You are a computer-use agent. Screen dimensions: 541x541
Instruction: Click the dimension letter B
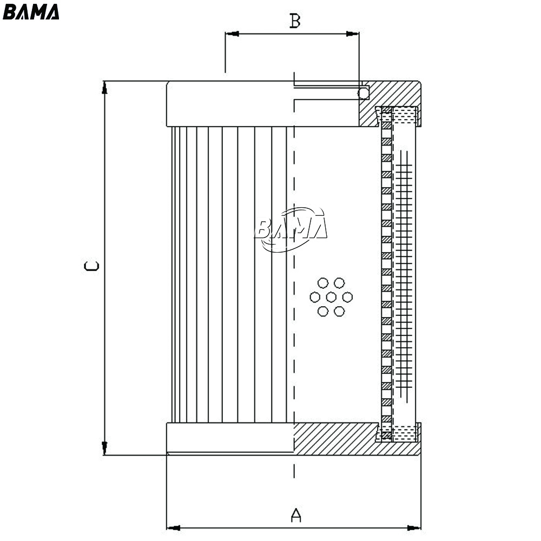click(295, 21)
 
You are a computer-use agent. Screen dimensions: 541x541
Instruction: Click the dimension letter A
click(296, 515)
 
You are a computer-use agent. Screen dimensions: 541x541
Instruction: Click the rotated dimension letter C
click(92, 266)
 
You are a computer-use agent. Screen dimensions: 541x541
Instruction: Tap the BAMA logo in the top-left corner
click(31, 12)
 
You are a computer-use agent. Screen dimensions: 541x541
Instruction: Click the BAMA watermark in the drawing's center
click(291, 229)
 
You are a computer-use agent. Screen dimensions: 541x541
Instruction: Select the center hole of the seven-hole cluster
click(331, 297)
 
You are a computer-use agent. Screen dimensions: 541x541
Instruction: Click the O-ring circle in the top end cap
click(364, 93)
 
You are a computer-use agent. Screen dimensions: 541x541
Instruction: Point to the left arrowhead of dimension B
click(232, 34)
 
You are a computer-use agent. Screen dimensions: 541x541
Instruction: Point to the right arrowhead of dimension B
click(352, 34)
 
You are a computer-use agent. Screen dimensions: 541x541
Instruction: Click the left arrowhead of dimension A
click(174, 528)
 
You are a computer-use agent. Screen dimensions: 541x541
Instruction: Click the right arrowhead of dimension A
click(414, 528)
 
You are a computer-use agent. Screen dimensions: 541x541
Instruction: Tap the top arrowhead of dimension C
click(104, 88)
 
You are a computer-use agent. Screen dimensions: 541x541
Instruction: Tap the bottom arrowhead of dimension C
click(104, 448)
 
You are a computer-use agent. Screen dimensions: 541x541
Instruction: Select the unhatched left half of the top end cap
click(230, 104)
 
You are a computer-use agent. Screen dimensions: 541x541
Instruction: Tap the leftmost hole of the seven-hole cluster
click(315, 297)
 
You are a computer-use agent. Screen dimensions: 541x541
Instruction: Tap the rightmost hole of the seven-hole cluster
click(347, 297)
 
